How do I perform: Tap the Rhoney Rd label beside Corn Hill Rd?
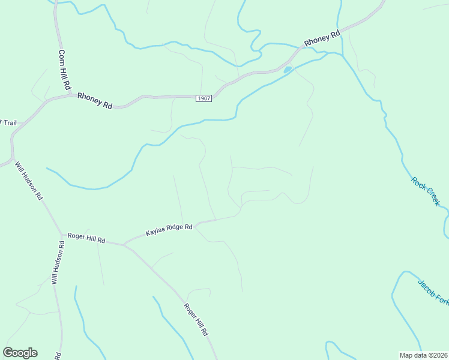[x=95, y=100]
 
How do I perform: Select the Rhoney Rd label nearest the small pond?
[x=322, y=38]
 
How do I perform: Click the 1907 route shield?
[x=204, y=98]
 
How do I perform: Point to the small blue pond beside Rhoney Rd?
[x=288, y=70]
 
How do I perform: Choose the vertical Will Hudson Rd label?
[x=58, y=262]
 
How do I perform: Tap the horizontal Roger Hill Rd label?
[x=86, y=238]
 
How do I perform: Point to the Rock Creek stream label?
[x=426, y=191]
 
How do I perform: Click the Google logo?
[x=20, y=353]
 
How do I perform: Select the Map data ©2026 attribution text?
[x=423, y=355]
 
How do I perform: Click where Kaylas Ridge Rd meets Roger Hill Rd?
[x=124, y=244]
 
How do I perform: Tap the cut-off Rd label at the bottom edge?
[x=59, y=356]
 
